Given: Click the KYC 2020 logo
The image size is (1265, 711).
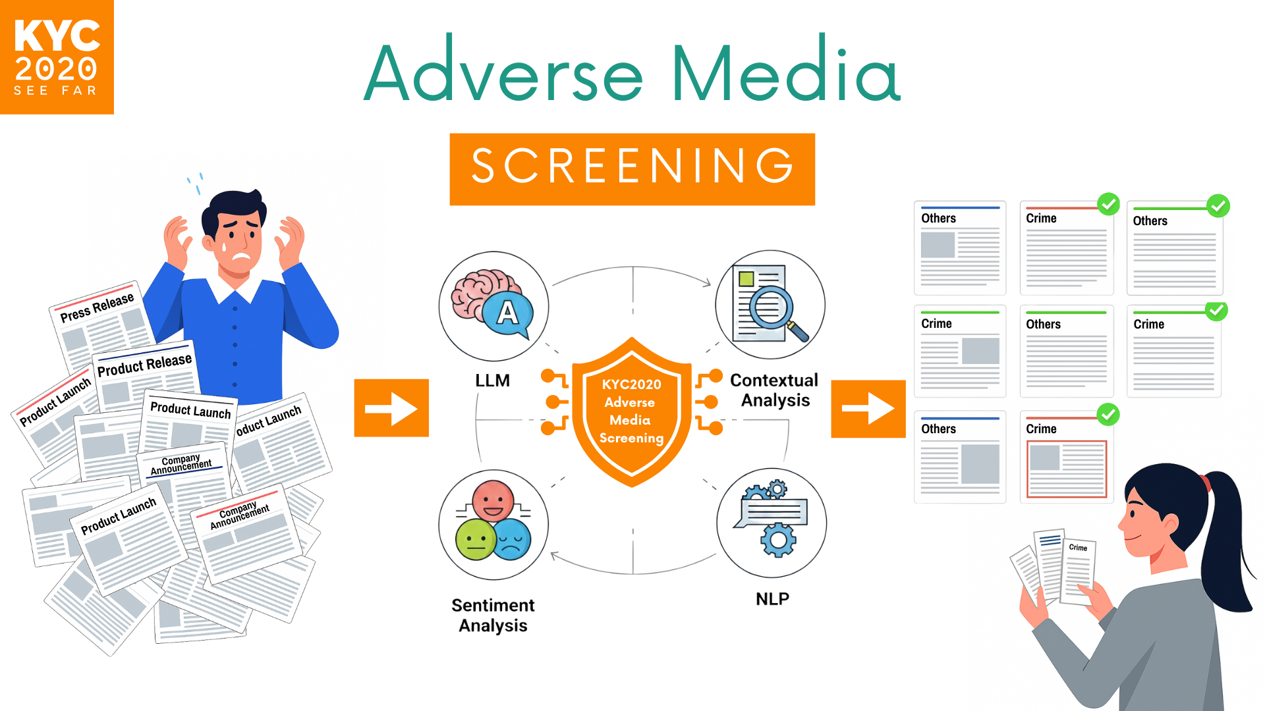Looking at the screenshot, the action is pyautogui.click(x=57, y=57).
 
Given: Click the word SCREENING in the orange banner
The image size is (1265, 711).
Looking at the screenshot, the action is pyautogui.click(x=632, y=166).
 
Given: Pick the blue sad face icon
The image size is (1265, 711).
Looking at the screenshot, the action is pyautogui.click(x=512, y=539).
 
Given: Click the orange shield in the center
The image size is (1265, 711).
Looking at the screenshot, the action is pyautogui.click(x=632, y=412).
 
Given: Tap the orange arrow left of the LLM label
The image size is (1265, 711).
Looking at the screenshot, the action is pyautogui.click(x=391, y=408).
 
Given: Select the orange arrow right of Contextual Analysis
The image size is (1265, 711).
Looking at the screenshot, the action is pyautogui.click(x=868, y=409).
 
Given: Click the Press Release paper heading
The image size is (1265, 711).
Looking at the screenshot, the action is pyautogui.click(x=97, y=307).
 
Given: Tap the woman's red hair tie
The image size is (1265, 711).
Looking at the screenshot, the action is pyautogui.click(x=1206, y=483).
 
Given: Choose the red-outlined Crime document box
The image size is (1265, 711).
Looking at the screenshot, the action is pyautogui.click(x=1067, y=469).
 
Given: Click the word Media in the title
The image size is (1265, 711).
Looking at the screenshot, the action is pyautogui.click(x=786, y=72).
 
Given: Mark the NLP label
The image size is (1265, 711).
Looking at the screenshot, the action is pyautogui.click(x=772, y=599).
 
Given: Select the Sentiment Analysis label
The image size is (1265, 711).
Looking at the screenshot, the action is pyautogui.click(x=493, y=616).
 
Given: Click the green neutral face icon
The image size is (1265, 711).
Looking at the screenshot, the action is pyautogui.click(x=475, y=540).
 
